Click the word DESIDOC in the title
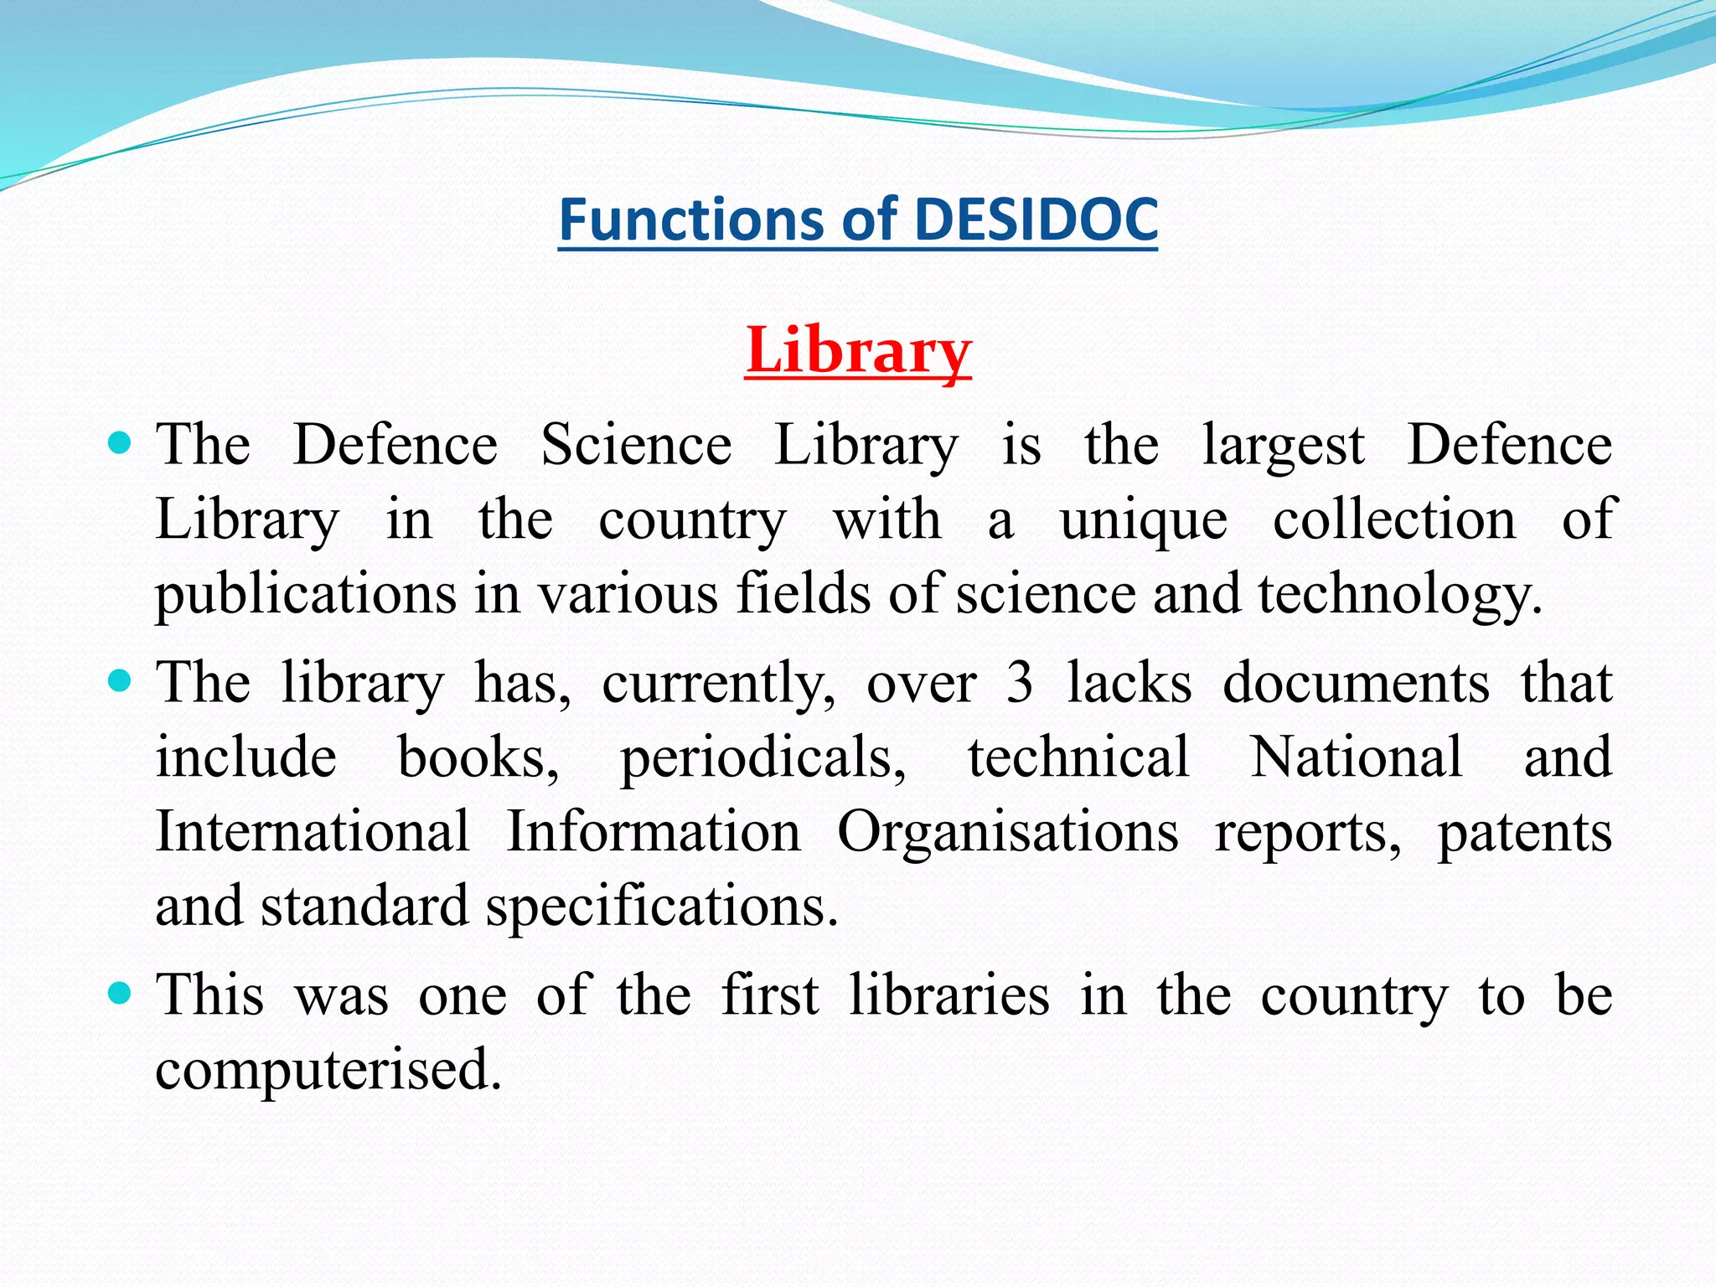click(1036, 220)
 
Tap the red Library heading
click(858, 350)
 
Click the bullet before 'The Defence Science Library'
click(121, 442)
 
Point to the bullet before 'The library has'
click(121, 680)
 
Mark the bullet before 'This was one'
click(121, 993)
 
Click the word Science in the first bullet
click(636, 444)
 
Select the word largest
click(1284, 446)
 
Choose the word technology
click(1399, 595)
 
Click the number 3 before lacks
click(1020, 683)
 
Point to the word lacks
click(1129, 683)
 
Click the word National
click(1357, 757)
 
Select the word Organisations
click(1008, 832)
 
